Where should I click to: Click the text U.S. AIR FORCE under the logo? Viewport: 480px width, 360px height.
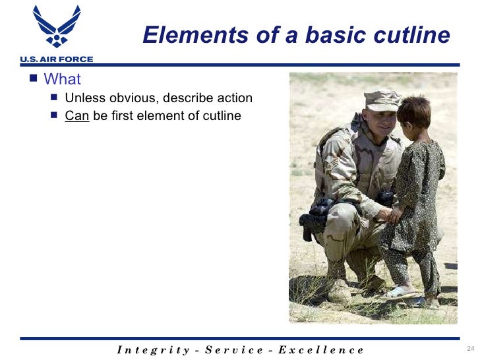(57, 59)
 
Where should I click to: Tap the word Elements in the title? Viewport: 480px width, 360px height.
(179, 35)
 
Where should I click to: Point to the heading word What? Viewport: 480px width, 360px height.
(62, 80)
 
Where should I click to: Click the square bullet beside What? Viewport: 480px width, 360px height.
(34, 78)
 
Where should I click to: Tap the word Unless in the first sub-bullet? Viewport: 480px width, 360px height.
(82, 98)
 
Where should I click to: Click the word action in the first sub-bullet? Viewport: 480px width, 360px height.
(234, 98)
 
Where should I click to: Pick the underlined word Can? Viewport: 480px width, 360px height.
(76, 116)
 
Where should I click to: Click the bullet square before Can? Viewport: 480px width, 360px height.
(55, 115)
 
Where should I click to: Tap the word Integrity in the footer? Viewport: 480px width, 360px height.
(150, 350)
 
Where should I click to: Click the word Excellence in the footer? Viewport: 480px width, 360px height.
(320, 350)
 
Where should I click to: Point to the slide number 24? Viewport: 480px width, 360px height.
(470, 348)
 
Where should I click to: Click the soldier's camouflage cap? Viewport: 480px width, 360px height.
(382, 100)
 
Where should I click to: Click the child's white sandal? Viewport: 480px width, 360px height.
(402, 291)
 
